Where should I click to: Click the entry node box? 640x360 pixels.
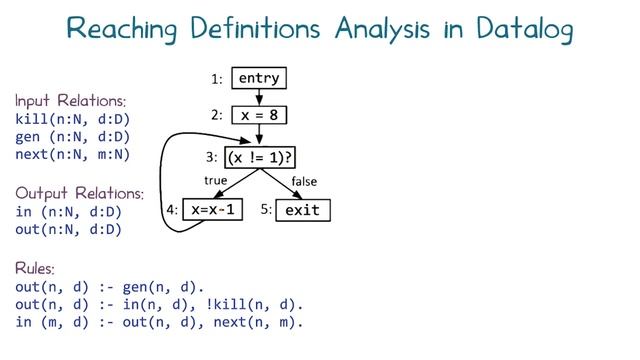[259, 78]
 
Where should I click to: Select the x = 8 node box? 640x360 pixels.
[259, 115]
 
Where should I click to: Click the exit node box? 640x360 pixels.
[302, 211]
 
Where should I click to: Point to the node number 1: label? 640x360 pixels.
[217, 78]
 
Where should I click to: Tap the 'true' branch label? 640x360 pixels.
[216, 181]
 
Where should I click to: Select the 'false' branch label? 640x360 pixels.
[304, 181]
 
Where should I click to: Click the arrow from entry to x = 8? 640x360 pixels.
[259, 97]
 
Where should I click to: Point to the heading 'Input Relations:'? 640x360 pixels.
[70, 101]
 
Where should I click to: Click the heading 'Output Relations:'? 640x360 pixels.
[79, 193]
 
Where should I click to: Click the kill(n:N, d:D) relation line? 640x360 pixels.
[72, 119]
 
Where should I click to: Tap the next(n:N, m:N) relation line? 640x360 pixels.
[72, 154]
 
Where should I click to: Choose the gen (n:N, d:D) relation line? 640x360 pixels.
[72, 137]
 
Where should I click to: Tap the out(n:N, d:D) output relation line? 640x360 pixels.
[68, 229]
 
